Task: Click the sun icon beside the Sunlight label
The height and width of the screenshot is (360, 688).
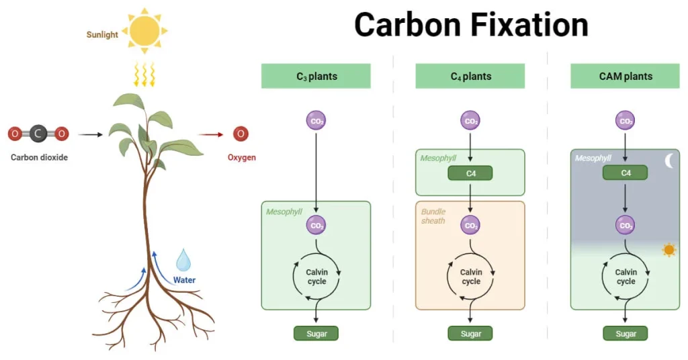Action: [x=144, y=30]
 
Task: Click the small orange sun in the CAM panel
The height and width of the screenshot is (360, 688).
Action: [x=669, y=250]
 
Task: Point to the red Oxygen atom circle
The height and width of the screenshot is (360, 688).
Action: [x=241, y=134]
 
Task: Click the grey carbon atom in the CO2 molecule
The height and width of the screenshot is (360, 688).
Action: [x=38, y=134]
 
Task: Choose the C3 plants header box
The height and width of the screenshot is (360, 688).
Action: [x=316, y=76]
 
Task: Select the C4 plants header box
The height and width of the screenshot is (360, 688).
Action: [x=470, y=76]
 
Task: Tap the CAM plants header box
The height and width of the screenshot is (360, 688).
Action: [x=625, y=76]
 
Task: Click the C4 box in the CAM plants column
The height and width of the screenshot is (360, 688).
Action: [x=625, y=173]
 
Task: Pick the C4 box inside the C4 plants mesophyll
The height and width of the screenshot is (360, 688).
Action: [x=470, y=173]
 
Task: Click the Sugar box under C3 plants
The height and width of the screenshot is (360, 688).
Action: [x=316, y=333]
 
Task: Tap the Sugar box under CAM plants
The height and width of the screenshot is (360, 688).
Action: [x=625, y=333]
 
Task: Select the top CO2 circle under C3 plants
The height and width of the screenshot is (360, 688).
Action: [x=316, y=121]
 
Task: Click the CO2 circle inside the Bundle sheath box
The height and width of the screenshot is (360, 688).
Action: [x=470, y=225]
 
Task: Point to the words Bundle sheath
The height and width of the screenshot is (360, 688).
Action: [x=433, y=216]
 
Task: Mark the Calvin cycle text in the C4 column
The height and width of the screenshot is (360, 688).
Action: [x=470, y=277]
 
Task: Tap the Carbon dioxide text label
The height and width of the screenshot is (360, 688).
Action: [x=39, y=158]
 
